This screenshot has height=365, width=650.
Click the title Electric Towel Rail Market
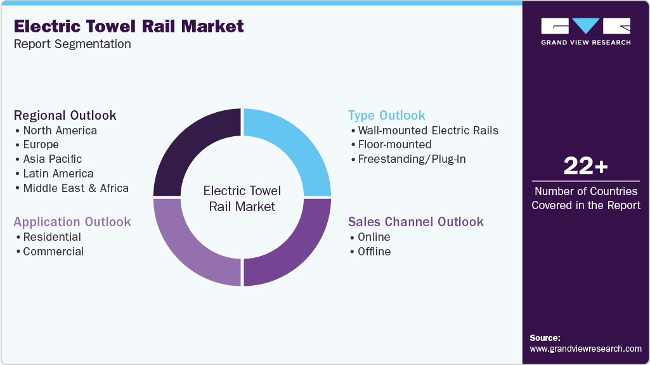tap(129, 26)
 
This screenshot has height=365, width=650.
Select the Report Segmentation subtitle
tap(72, 44)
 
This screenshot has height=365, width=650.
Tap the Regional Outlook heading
tap(65, 115)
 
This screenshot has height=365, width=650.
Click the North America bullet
tap(60, 131)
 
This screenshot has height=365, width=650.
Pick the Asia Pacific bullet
tap(52, 159)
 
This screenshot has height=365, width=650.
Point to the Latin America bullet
tap(58, 174)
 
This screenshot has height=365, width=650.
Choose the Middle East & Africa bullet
tap(75, 188)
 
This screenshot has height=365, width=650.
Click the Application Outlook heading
tap(72, 222)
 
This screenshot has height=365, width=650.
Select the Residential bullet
tap(51, 237)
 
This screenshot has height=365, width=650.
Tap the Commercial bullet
tap(53, 252)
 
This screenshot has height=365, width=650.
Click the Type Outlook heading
tap(387, 115)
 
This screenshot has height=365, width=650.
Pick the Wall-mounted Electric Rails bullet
tap(428, 131)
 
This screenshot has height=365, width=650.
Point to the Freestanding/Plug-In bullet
tap(412, 159)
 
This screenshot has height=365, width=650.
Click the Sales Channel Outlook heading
tap(416, 222)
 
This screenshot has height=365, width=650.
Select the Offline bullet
tap(374, 252)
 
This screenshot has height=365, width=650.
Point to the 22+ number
tap(585, 167)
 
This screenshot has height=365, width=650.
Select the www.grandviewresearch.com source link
tap(585, 349)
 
